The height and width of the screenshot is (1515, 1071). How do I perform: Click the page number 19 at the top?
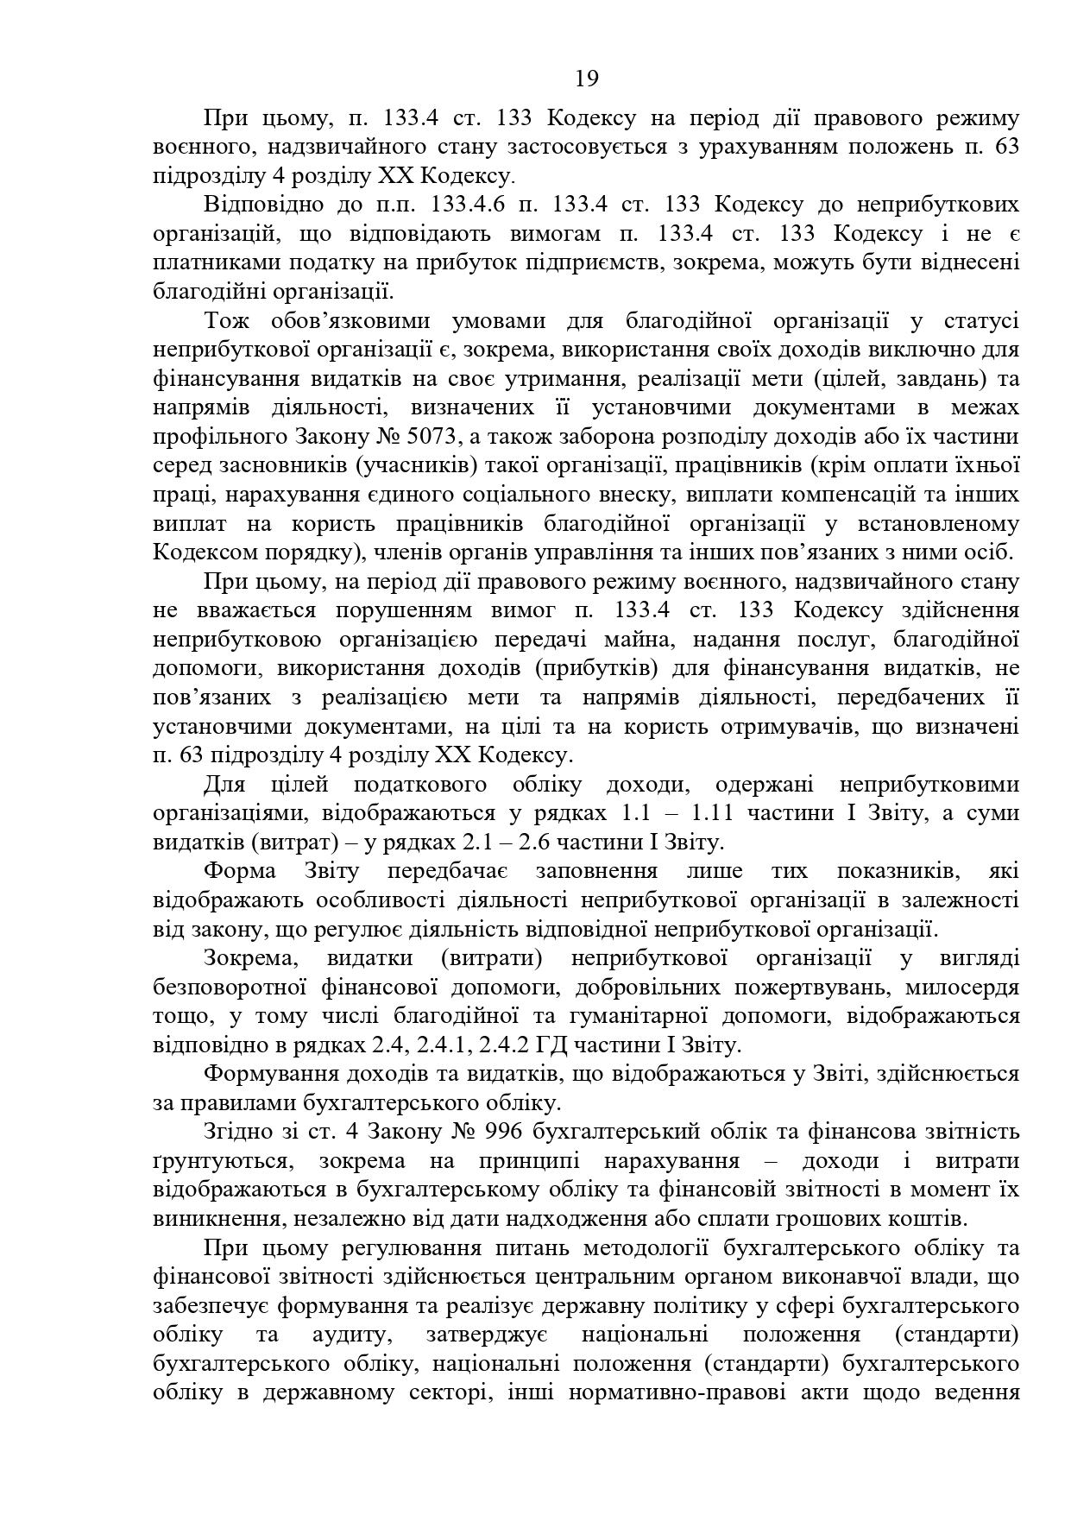click(x=587, y=79)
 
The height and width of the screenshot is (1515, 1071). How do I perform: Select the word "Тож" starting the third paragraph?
click(x=227, y=321)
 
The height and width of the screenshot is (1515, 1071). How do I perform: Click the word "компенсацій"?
click(x=804, y=496)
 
